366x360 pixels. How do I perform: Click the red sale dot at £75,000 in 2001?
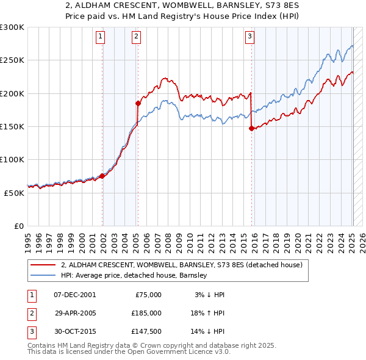pos(102,176)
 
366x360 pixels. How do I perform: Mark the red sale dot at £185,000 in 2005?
pos(138,104)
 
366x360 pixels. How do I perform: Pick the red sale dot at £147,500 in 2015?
pos(251,128)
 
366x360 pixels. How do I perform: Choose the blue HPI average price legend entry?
pos(134,276)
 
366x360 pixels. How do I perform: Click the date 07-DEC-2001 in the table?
pos(74,295)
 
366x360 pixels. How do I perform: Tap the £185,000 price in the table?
pos(146,312)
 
